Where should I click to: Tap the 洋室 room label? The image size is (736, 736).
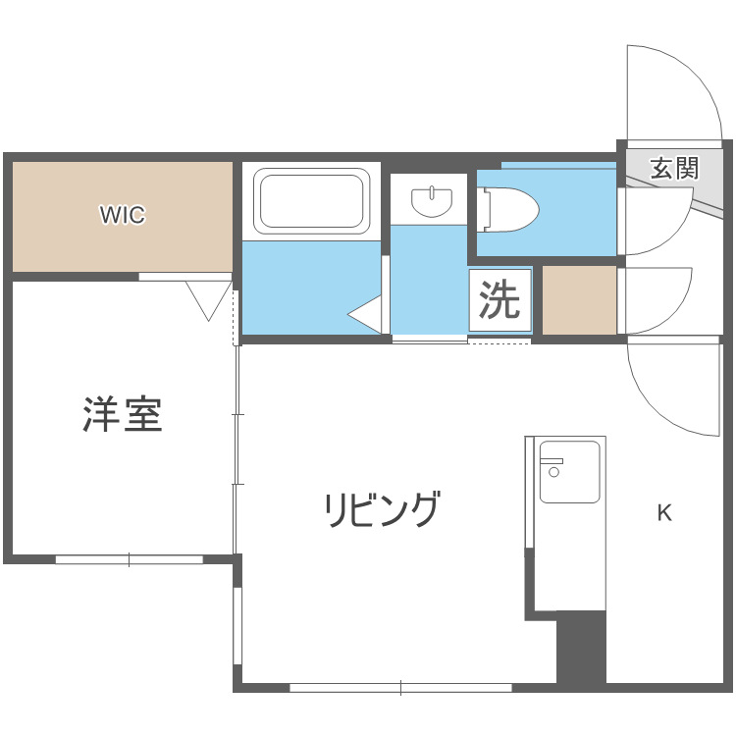[123, 415]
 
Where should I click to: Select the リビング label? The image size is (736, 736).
[382, 509]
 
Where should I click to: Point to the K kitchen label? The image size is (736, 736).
[664, 513]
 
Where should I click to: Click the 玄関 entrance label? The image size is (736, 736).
[674, 168]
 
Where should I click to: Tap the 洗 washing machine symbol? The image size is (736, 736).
[499, 301]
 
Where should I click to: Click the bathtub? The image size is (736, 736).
[311, 200]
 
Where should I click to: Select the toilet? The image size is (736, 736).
[508, 209]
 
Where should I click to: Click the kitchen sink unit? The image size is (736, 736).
[569, 472]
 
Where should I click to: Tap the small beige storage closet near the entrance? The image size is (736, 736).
[579, 300]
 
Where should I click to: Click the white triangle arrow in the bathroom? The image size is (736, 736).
[365, 315]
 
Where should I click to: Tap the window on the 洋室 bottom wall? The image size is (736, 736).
[129, 559]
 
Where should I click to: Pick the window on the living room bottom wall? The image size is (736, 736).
[400, 687]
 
